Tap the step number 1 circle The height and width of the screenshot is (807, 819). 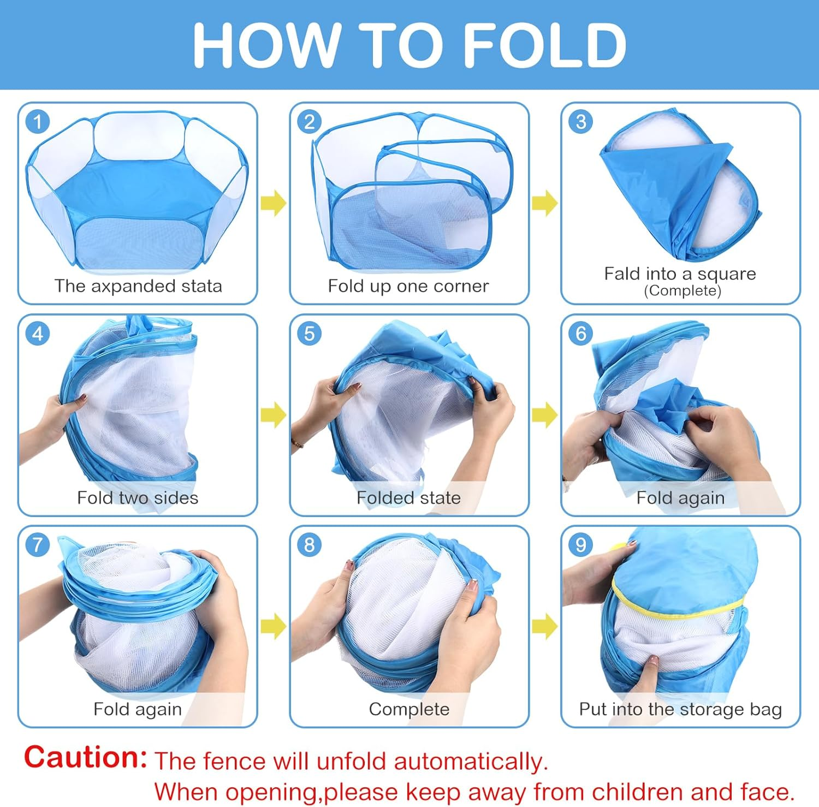[x=38, y=122]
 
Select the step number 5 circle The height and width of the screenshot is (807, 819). [x=309, y=333]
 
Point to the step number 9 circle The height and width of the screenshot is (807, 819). [x=580, y=544]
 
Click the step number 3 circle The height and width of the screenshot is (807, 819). [x=580, y=122]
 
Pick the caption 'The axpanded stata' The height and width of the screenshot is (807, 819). [x=138, y=286]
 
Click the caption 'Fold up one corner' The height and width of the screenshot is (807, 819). [x=408, y=286]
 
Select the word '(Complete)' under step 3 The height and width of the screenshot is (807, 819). [x=682, y=290]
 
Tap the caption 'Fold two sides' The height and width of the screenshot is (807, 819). [x=138, y=497]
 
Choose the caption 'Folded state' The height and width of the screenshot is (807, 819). [x=408, y=497]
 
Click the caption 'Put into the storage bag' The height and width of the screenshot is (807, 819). [x=680, y=709]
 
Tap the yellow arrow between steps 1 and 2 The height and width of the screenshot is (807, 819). [x=273, y=203]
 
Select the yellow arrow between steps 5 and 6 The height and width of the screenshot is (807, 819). [x=544, y=415]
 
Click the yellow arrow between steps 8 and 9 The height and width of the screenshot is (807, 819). [x=544, y=626]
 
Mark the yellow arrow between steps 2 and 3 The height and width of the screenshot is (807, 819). [x=544, y=203]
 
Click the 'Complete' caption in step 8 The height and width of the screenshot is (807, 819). [x=409, y=709]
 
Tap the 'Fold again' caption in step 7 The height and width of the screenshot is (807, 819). [x=138, y=709]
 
